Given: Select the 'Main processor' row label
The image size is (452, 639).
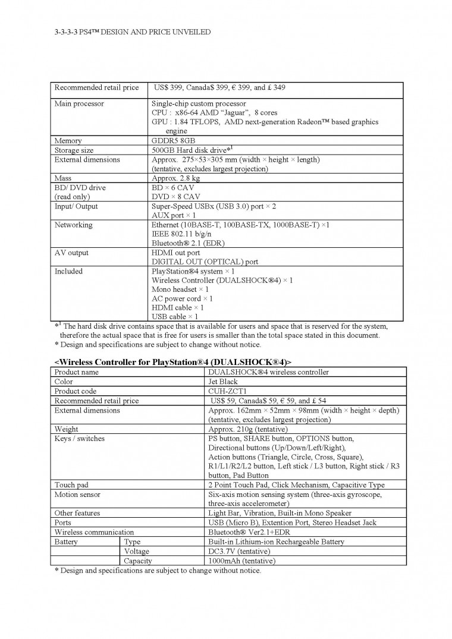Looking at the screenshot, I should coord(79,103).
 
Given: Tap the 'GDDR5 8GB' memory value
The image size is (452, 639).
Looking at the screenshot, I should coord(173,141).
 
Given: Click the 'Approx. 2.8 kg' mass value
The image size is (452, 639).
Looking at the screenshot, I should coord(176,178).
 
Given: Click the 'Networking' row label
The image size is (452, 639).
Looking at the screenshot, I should coord(73,225).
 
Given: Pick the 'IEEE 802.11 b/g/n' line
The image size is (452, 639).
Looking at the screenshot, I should coord(182,234).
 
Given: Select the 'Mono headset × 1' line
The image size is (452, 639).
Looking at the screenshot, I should coord(180,289).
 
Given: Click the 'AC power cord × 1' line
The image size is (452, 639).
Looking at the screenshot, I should coord(182,298).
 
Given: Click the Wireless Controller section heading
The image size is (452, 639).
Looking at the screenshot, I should coord(173,362).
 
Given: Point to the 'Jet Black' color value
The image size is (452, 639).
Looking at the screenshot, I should coord(223,382).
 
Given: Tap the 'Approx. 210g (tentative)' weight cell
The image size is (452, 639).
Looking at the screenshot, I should coord(248,429).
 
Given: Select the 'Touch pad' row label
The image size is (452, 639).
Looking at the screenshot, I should coord(72,485).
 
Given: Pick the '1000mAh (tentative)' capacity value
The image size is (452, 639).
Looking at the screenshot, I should coord(242,561).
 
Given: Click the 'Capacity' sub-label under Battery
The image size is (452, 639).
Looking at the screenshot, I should coord(138,561).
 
